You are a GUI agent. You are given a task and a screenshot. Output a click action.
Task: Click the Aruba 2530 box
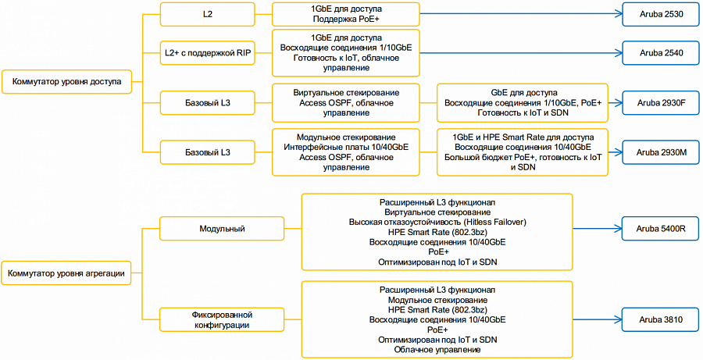(661, 14)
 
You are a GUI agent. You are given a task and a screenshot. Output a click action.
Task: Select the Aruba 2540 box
(661, 53)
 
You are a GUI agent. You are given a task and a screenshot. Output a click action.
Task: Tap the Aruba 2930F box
(661, 102)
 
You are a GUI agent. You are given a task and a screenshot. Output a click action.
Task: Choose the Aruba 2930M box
(661, 152)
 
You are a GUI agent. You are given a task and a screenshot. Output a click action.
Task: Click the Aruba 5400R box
(661, 229)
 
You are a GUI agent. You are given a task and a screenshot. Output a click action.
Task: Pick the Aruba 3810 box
(661, 319)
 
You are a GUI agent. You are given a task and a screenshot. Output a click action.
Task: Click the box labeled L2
(207, 14)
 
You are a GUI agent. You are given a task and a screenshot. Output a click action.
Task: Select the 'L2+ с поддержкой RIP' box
(207, 53)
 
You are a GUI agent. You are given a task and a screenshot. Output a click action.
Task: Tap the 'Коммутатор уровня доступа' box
(67, 81)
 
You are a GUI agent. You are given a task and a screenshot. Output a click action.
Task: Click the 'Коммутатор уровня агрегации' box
(66, 273)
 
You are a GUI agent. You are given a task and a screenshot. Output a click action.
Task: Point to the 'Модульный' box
(222, 229)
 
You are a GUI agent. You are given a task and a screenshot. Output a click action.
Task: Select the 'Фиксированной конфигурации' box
(222, 319)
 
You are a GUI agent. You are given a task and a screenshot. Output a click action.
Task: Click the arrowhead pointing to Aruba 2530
(619, 14)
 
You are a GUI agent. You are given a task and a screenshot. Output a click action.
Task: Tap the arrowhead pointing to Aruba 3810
(619, 319)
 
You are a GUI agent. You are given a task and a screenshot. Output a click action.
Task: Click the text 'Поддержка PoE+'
(346, 19)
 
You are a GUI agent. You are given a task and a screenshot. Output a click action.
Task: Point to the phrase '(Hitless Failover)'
(496, 222)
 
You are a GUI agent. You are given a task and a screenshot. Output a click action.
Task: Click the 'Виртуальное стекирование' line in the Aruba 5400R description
(437, 212)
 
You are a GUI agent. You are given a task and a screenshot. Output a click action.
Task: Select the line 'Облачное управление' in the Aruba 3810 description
(437, 349)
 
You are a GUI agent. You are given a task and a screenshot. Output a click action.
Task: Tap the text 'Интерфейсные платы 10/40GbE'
(346, 147)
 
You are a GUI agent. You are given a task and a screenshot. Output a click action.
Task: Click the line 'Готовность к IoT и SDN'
(523, 112)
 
